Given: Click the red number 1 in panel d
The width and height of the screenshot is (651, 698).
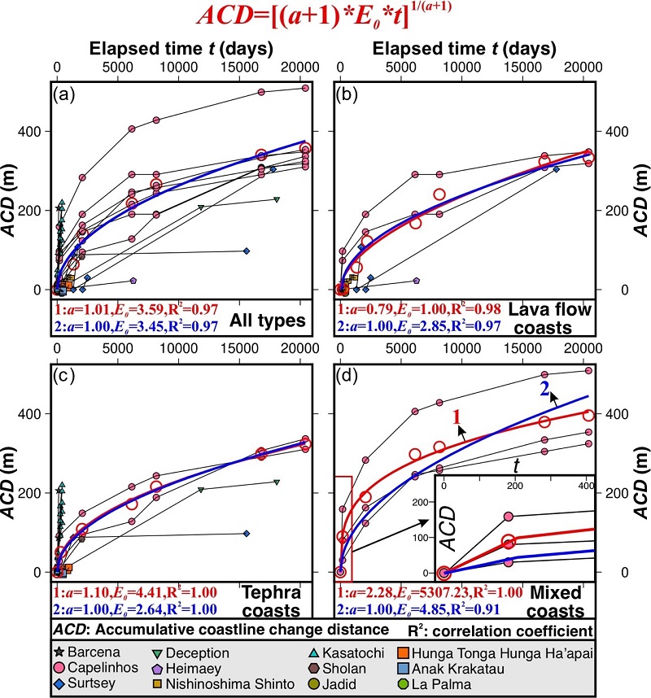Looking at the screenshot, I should [x=457, y=417].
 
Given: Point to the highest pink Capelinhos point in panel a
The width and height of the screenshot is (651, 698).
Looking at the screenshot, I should [x=304, y=88].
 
